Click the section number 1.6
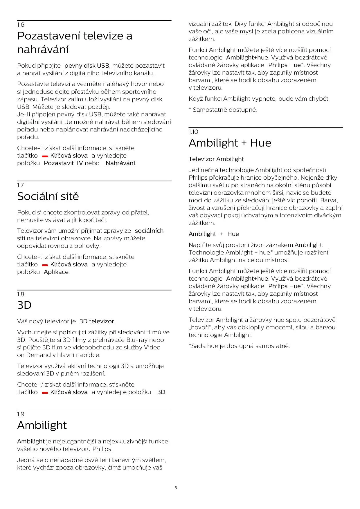tap(21, 25)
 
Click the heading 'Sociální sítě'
tap(48, 196)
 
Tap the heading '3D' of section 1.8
tap(24, 305)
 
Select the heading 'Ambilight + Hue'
tap(230, 143)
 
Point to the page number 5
tap(176, 488)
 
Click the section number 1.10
tap(193, 132)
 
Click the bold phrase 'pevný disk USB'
tap(87, 66)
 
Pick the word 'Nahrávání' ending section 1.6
tap(120, 163)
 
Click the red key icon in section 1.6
tap(45, 156)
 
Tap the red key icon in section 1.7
tap(45, 265)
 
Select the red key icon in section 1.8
tap(45, 393)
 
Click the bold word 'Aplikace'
tap(56, 272)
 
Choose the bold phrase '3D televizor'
tap(97, 321)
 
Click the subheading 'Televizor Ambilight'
tap(216, 159)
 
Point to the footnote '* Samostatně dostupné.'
tap(223, 110)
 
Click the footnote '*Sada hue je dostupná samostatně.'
tap(239, 346)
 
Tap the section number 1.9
tap(21, 414)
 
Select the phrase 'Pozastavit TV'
tap(63, 163)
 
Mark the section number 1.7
tap(20, 185)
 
